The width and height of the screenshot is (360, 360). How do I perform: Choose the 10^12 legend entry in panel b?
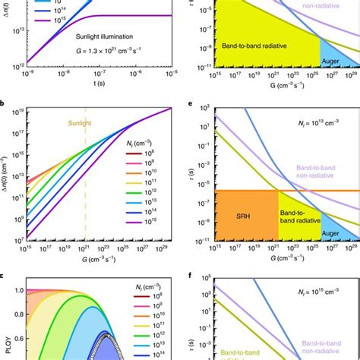[x=140, y=192]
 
